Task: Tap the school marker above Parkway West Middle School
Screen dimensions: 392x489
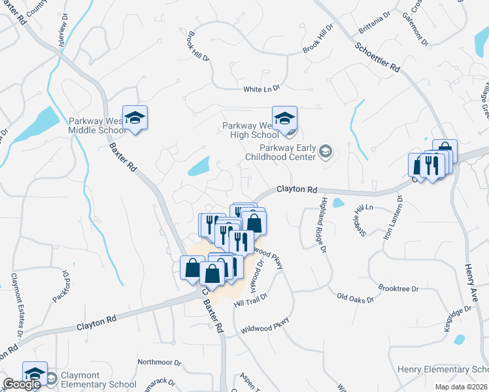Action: coord(135,118)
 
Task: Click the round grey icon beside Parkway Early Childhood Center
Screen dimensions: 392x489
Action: coord(326,152)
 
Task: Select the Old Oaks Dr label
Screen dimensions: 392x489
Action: coord(355,299)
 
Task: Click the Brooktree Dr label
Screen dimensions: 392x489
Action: coord(397,287)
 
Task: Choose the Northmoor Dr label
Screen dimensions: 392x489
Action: coord(159,361)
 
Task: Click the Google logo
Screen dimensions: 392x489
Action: coord(22,384)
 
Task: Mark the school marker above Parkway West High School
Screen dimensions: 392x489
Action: coord(284,118)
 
